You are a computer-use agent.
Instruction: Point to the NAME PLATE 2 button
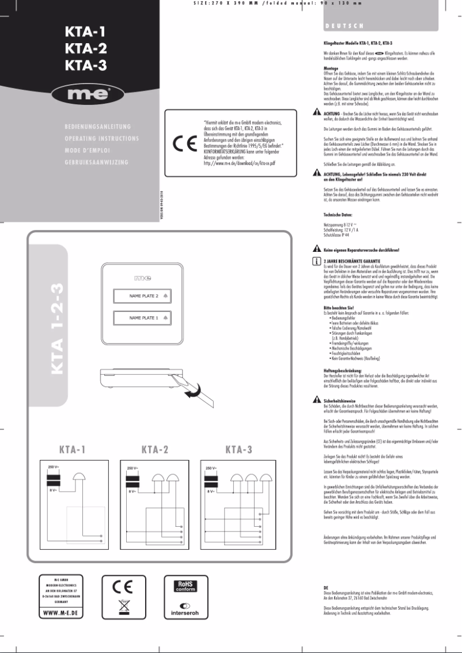coord(141,296)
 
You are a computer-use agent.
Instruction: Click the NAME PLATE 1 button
coord(141,318)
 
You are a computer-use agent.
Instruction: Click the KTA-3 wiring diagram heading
coord(238,449)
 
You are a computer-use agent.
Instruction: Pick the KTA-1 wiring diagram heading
coord(73,449)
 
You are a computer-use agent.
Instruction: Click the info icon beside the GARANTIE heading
coord(316,261)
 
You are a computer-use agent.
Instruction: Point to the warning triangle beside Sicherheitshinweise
coord(316,399)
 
